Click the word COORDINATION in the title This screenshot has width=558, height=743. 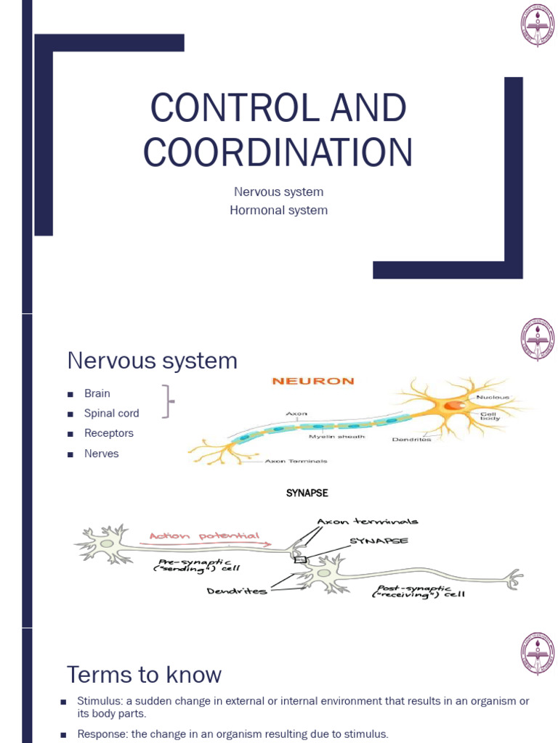click(278, 152)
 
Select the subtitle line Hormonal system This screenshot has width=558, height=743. click(278, 210)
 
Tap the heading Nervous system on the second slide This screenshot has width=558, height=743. click(152, 361)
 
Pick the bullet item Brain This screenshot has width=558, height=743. click(97, 393)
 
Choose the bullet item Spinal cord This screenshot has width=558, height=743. click(111, 413)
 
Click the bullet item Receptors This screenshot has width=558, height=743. click(109, 433)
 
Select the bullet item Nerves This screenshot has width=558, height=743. click(101, 453)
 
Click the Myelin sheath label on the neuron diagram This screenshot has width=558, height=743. click(336, 436)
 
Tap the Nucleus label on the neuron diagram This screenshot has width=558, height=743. click(493, 398)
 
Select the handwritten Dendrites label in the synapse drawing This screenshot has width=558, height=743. click(237, 591)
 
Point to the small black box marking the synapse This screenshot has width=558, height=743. click(299, 560)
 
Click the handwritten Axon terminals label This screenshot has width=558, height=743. click(367, 521)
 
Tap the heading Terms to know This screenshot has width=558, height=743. click(144, 675)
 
